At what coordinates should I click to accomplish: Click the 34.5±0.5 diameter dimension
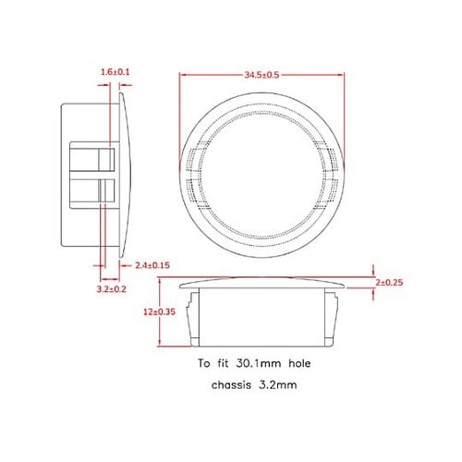pyautogui.click(x=261, y=73)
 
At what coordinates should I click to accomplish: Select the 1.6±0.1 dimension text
pyautogui.click(x=115, y=70)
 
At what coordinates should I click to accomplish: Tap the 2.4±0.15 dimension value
pyautogui.click(x=152, y=264)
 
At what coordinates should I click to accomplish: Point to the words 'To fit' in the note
pyautogui.click(x=212, y=365)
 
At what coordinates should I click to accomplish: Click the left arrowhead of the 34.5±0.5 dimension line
pyautogui.click(x=179, y=74)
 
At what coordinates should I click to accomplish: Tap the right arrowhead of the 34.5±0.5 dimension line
pyautogui.click(x=343, y=74)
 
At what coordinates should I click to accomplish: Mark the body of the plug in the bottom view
pyautogui.click(x=261, y=316)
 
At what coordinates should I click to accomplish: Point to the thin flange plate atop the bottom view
pyautogui.click(x=261, y=280)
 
